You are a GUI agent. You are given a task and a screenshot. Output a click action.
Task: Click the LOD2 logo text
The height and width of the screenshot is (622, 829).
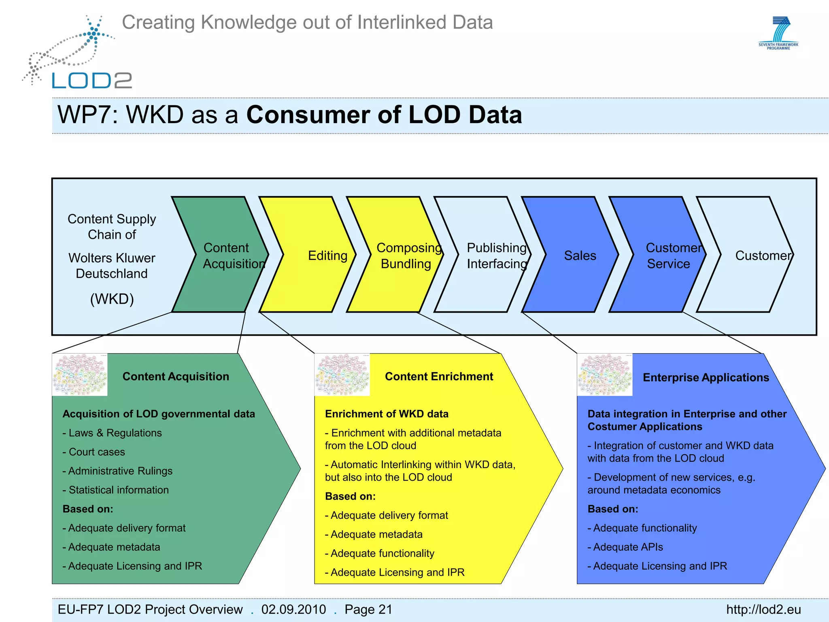[92, 80]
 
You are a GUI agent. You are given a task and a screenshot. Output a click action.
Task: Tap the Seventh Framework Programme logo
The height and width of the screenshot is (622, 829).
[778, 33]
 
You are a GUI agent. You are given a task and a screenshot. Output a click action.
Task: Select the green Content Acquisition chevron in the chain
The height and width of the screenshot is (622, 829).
[221, 255]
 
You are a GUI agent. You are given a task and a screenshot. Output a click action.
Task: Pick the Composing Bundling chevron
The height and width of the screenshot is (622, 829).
[405, 255]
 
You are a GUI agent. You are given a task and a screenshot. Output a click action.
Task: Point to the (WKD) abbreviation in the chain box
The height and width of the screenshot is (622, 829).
[112, 299]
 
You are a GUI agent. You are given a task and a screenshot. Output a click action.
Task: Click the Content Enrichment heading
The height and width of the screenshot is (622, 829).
[439, 377]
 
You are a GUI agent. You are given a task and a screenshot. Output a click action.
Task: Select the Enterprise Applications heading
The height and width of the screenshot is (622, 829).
[706, 377]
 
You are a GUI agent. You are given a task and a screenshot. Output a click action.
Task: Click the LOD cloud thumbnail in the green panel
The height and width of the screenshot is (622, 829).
[80, 375]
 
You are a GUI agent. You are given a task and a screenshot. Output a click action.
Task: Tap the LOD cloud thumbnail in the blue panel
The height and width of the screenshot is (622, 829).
[604, 375]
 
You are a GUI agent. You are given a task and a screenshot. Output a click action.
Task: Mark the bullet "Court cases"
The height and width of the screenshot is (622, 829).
[96, 452]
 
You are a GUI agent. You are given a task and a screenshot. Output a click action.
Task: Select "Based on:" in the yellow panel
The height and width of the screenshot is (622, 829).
[350, 496]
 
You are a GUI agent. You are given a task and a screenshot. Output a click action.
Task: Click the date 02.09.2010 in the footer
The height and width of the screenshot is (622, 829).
[293, 609]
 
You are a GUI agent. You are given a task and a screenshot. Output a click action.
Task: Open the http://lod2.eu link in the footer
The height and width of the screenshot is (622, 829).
[763, 609]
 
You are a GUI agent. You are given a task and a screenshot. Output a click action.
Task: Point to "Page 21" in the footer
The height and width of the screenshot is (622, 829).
[368, 609]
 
